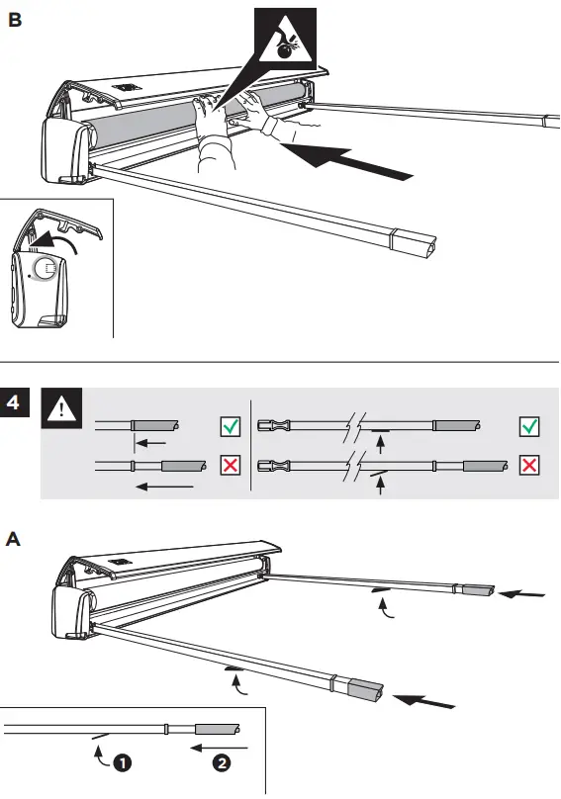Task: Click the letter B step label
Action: [15, 20]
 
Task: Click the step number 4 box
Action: [14, 405]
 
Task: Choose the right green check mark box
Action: [530, 426]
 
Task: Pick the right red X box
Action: [530, 465]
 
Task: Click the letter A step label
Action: [14, 540]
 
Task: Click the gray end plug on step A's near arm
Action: [367, 689]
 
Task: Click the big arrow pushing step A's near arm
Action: [425, 702]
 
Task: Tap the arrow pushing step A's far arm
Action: [522, 594]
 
